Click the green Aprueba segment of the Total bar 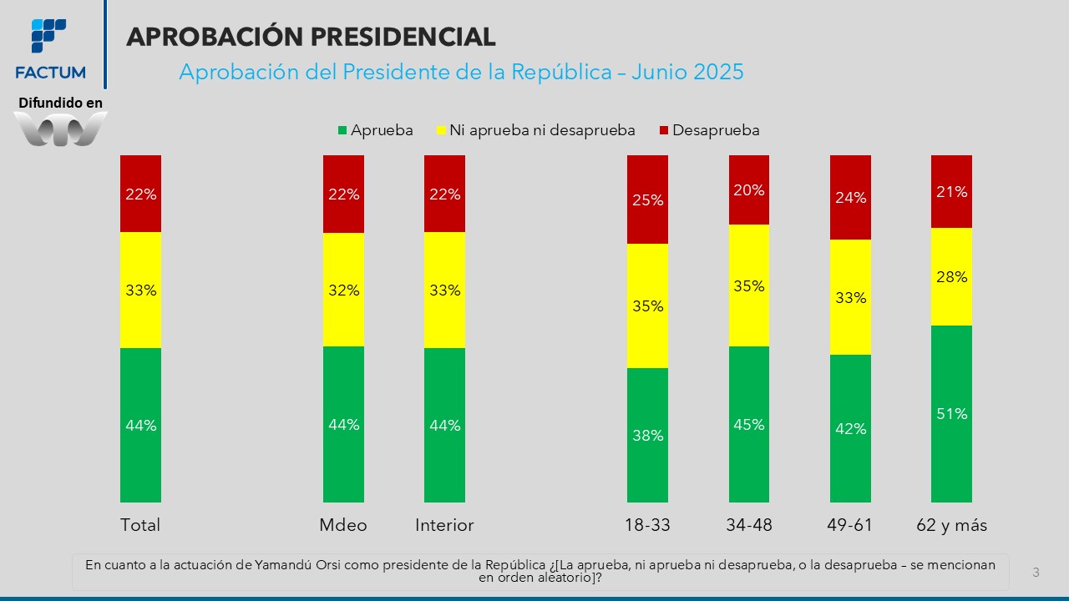click(140, 425)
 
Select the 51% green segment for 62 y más click(951, 414)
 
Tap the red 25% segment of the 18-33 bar click(647, 199)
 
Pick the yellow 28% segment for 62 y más click(951, 276)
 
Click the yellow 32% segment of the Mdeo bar click(343, 290)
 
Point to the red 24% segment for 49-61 click(850, 198)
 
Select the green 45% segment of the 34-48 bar click(748, 424)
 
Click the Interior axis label click(444, 525)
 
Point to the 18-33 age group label click(647, 525)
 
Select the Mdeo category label click(343, 525)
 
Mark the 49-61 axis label click(850, 525)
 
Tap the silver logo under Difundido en click(61, 129)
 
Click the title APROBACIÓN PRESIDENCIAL click(311, 37)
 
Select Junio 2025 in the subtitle click(687, 72)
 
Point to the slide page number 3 click(1036, 573)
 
